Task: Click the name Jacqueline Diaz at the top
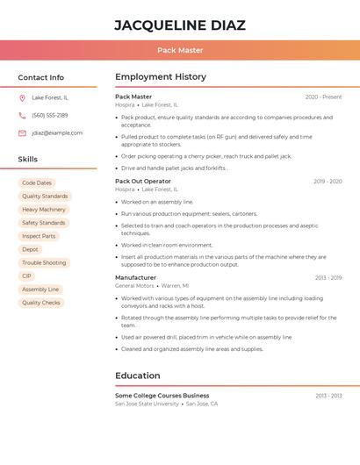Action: [x=180, y=25]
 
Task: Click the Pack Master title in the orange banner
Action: [x=180, y=50]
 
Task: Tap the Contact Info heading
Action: [x=41, y=77]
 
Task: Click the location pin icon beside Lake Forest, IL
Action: [x=22, y=97]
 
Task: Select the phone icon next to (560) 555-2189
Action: [x=22, y=115]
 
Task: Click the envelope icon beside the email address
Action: [x=22, y=132]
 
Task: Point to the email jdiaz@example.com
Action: [x=57, y=132]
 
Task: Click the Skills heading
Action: [x=28, y=159]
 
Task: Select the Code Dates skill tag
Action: [x=37, y=182]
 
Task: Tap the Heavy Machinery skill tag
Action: [x=44, y=210]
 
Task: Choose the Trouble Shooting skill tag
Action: [x=44, y=262]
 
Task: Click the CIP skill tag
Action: [x=26, y=275]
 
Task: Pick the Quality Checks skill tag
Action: [x=41, y=303]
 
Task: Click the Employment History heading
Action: [x=161, y=77]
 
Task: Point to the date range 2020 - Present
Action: [x=323, y=97]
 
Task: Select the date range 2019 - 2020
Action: [x=328, y=182]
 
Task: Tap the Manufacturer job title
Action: [x=135, y=277]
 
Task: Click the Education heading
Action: [x=137, y=376]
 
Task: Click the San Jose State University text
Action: [x=147, y=404]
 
